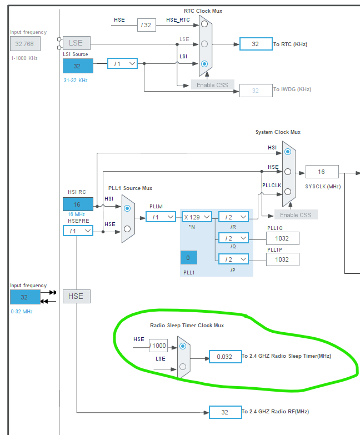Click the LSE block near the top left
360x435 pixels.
point(76,43)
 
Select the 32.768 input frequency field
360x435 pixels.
point(24,43)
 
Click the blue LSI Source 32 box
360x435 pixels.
point(77,65)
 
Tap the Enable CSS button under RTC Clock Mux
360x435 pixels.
point(212,85)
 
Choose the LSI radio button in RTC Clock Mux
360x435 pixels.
point(205,63)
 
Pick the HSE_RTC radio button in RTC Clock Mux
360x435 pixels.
point(205,24)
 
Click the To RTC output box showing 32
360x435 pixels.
point(256,44)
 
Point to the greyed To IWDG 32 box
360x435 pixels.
point(256,90)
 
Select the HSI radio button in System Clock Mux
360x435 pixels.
point(287,151)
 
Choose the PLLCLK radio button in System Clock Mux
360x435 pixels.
point(287,191)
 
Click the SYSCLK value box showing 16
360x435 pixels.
point(322,172)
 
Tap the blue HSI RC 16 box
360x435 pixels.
point(77,204)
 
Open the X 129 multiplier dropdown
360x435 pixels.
point(197,217)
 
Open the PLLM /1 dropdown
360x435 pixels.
point(161,217)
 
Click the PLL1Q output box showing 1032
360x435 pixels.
point(282,238)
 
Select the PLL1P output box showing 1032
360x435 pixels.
point(282,259)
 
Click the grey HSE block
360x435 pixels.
point(76,296)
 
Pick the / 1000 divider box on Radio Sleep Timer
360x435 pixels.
point(158,346)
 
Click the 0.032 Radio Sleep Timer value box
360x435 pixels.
point(224,356)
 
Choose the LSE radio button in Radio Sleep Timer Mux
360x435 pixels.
point(183,366)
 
